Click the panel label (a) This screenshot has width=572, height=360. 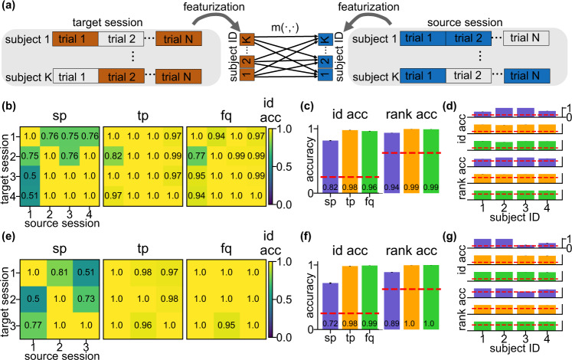tap(10, 8)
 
